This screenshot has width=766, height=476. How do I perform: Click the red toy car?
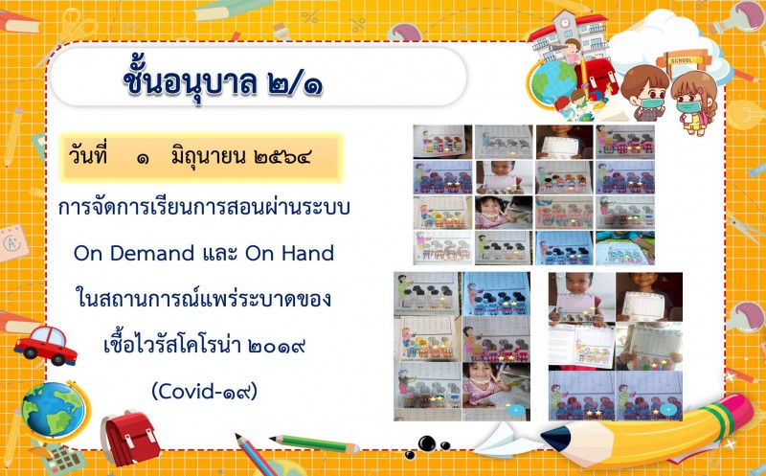[45, 346]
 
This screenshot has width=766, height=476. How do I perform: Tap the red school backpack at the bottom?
[130, 438]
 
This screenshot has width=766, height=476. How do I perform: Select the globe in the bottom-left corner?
[55, 411]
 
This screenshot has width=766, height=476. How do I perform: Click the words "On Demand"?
[134, 253]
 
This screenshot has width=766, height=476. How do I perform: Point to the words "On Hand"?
[290, 253]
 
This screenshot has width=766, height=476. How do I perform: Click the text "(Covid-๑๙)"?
[204, 391]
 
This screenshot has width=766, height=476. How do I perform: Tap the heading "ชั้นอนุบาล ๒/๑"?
[222, 81]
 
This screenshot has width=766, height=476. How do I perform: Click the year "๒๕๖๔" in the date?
[282, 157]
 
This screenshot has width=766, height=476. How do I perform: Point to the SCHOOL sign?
[682, 60]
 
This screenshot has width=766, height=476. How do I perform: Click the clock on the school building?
[565, 22]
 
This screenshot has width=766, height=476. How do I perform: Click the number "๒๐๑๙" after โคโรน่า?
[277, 346]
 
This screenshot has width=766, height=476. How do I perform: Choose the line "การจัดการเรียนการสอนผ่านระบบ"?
[204, 208]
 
